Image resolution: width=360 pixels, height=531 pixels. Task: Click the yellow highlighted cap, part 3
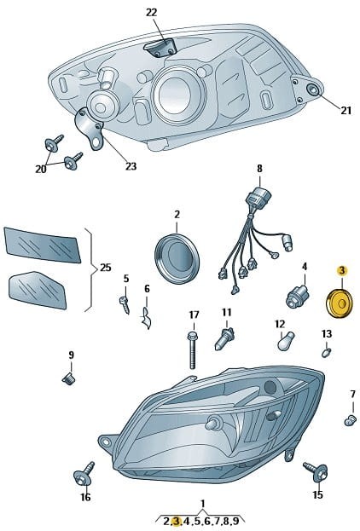pos(339,303)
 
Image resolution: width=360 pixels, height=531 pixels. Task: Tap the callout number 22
pos(152,13)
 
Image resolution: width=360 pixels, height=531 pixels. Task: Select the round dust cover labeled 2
pos(177,258)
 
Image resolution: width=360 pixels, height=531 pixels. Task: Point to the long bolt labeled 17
pos(192,350)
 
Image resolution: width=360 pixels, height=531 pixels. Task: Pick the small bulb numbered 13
pos(326,352)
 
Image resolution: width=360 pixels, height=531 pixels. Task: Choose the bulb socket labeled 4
pos(298,296)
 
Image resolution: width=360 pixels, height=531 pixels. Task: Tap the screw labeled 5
pos(125,305)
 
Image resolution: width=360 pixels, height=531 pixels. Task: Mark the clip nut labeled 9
pos(69,378)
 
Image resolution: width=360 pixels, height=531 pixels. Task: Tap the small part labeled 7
pos(350,420)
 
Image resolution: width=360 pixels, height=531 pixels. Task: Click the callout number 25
pos(106,268)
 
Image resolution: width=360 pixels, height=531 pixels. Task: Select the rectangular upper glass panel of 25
pos(43,245)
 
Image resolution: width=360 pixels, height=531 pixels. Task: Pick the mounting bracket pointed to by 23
pos(90,128)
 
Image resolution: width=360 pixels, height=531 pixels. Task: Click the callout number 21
pos(345,111)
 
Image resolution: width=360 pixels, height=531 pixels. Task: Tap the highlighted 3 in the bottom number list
pos(177,521)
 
